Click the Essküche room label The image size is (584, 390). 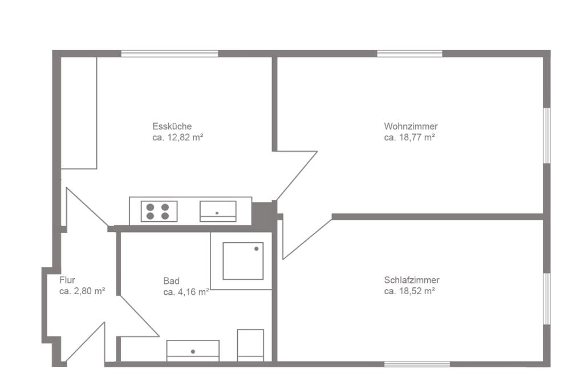click(172, 126)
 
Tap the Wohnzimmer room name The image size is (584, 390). click(411, 126)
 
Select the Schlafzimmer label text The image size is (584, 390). click(412, 280)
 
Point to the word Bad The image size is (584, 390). click(171, 281)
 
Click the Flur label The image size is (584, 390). click(67, 280)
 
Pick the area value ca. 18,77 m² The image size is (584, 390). click(409, 137)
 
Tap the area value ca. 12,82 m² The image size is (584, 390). click(178, 137)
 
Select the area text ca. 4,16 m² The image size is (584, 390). click(186, 292)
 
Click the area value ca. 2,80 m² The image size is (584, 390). click(82, 291)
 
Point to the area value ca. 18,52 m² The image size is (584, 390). click(409, 291)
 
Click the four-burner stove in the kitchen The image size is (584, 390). click(159, 211)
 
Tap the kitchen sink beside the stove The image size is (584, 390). click(218, 211)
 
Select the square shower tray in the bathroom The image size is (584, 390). click(243, 261)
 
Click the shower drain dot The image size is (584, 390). click(256, 249)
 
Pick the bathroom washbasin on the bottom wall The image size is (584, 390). click(193, 351)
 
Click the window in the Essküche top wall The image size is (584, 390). click(170, 54)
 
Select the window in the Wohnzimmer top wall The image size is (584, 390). click(409, 54)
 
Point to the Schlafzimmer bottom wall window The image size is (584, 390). click(417, 364)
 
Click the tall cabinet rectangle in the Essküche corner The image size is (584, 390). click(79, 113)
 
